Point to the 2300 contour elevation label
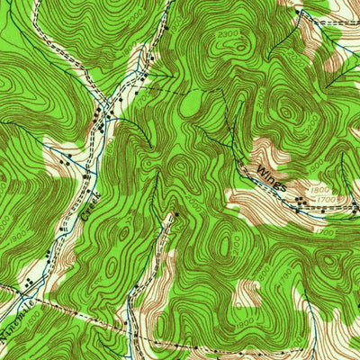point(229,33)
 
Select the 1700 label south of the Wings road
point(325,232)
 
